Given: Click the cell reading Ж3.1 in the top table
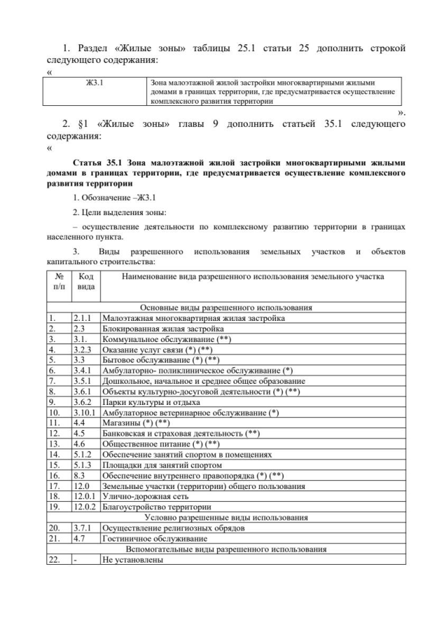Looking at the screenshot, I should pyautogui.click(x=94, y=83).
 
